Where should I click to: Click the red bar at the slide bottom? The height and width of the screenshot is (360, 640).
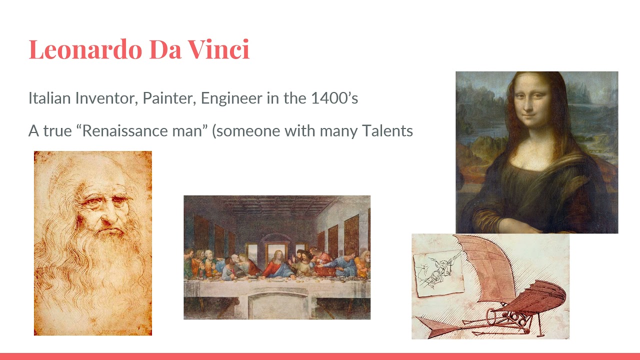[x=320, y=356]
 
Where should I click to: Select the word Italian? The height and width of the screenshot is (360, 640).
[x=49, y=98]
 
